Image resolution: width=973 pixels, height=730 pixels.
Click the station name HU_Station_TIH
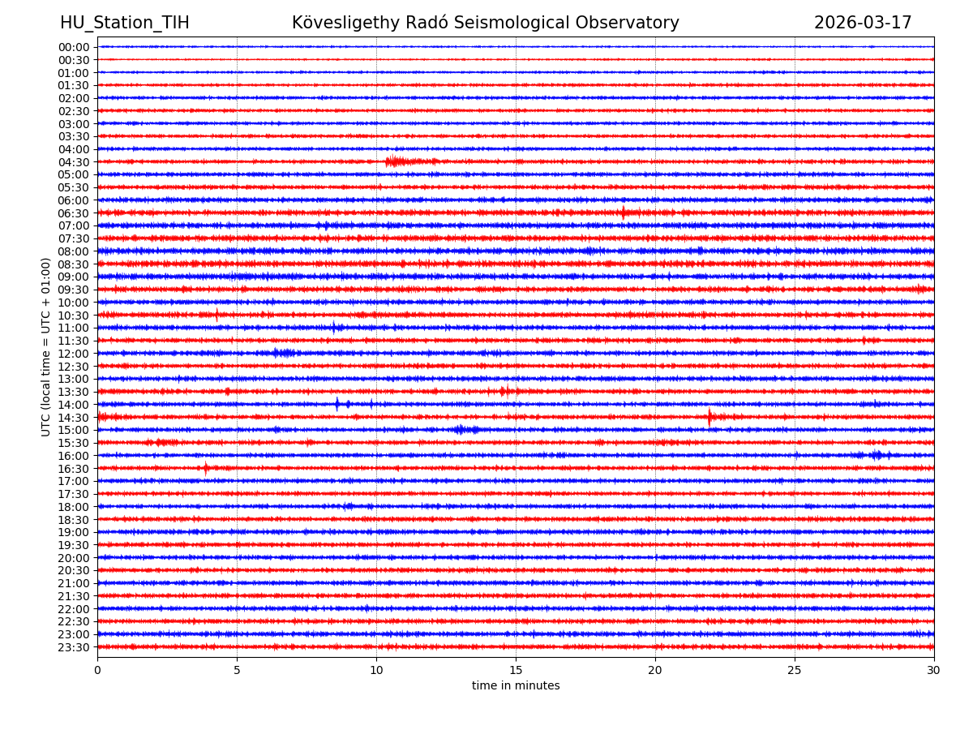point(124,23)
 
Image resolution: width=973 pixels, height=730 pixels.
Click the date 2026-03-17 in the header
point(863,23)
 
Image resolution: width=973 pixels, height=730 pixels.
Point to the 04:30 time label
point(74,162)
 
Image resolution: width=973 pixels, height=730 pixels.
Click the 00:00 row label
point(74,47)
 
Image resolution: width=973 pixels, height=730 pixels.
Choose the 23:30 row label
point(74,647)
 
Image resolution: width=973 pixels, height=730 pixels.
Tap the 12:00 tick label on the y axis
point(74,354)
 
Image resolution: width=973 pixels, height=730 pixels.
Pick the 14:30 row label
point(74,418)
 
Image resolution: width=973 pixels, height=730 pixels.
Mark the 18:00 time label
point(74,507)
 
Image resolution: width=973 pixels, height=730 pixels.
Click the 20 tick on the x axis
point(655,669)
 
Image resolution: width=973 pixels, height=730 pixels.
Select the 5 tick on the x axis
point(237,669)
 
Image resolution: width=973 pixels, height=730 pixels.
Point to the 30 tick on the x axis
point(934,669)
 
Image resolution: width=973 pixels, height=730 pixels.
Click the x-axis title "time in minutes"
point(516,686)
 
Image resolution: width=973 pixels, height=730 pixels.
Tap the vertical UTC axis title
point(47,346)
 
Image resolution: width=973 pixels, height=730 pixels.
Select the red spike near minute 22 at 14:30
point(709,417)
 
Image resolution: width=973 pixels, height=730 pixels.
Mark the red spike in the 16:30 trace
point(206,468)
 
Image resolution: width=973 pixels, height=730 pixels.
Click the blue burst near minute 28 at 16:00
point(876,455)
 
